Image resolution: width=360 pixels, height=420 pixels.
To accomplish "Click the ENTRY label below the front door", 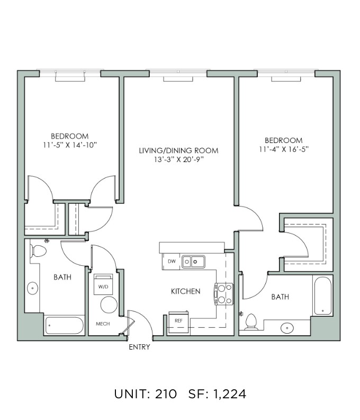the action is coord(139,347).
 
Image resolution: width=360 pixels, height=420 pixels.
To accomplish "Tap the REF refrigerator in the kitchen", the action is coord(178,322).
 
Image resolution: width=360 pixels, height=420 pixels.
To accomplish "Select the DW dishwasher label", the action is coord(172,261).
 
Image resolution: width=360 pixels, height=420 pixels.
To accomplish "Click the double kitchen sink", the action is coord(193,262).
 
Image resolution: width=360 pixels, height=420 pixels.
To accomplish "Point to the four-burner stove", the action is coord(224,294).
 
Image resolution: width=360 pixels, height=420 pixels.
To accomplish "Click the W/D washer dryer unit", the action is coord(103,284).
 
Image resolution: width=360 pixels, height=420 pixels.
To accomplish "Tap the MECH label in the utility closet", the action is coord(103,324).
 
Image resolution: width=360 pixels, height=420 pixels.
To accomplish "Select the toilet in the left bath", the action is coord(38,251).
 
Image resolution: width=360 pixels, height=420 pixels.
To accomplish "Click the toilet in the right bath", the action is coord(251,321).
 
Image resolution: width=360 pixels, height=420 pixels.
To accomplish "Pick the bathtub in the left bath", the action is coord(64,326).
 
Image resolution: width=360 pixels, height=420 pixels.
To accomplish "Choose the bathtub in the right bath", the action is coord(322,296).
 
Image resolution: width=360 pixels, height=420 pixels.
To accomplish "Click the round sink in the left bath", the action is coord(33,288).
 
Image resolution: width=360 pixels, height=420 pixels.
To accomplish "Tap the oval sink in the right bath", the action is coord(287,328).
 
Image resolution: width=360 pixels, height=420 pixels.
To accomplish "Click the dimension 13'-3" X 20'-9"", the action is coord(179,159).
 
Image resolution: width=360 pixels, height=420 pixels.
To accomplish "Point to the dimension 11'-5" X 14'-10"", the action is coord(69,145).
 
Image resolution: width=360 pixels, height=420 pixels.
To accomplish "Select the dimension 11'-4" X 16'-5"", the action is coord(284,149).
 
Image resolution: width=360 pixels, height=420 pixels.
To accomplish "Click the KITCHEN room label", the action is coord(185,291).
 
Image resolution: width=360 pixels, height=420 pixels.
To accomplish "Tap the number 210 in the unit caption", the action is coord(166,394).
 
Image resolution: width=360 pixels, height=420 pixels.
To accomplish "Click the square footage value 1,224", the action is coord(229,394).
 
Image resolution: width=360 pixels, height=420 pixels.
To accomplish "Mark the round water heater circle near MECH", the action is coord(109,305).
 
